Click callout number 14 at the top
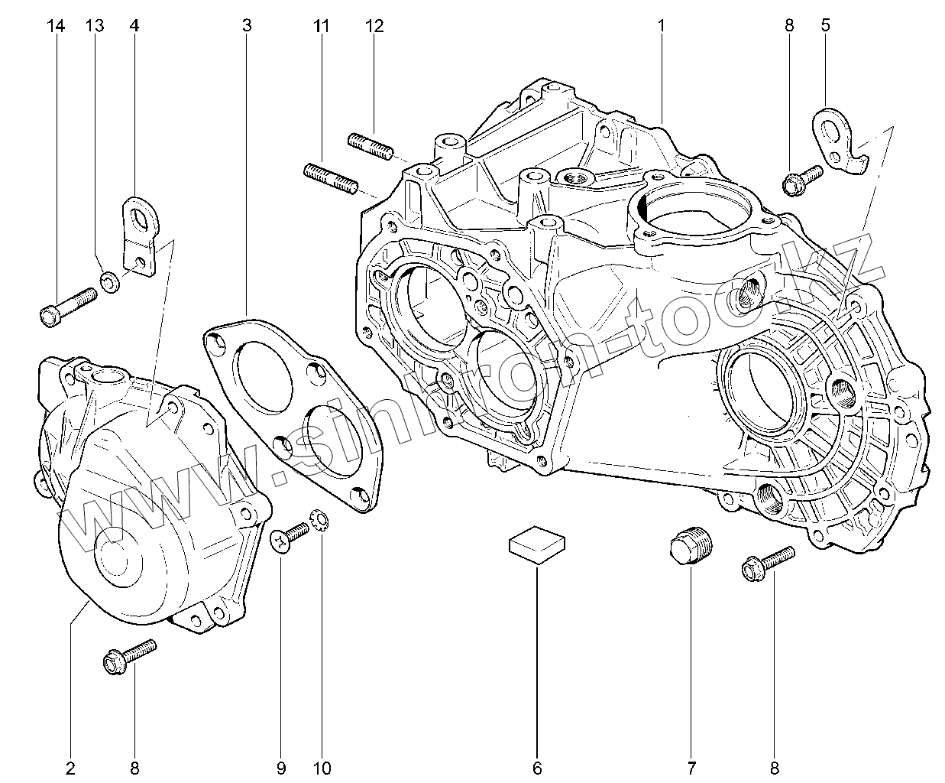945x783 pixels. pyautogui.click(x=56, y=26)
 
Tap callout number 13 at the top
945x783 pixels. pyautogui.click(x=95, y=26)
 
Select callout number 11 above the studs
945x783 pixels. pyautogui.click(x=322, y=26)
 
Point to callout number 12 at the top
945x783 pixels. pyautogui.click(x=374, y=26)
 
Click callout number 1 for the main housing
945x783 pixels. pyautogui.click(x=661, y=26)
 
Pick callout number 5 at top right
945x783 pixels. pyautogui.click(x=826, y=26)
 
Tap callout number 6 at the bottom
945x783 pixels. pyautogui.click(x=537, y=767)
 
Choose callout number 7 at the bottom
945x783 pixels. pyautogui.click(x=692, y=767)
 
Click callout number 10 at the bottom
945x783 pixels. pyautogui.click(x=322, y=767)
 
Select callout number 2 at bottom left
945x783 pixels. pyautogui.click(x=71, y=767)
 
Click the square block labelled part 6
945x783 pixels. pyautogui.click(x=537, y=544)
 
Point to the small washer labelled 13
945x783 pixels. pyautogui.click(x=109, y=282)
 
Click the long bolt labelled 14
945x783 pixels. pyautogui.click(x=66, y=304)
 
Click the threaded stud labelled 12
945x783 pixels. pyautogui.click(x=370, y=145)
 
